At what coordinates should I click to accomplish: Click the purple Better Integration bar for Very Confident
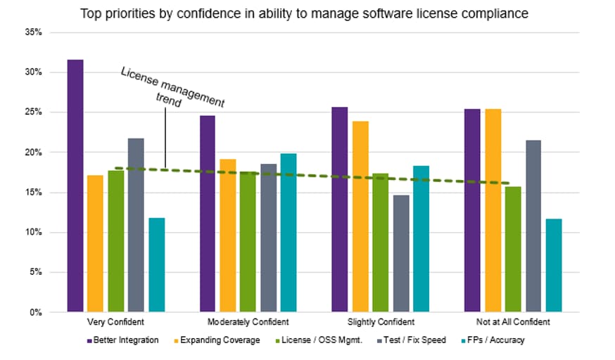point(75,186)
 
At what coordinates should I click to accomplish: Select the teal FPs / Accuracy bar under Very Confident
point(157,265)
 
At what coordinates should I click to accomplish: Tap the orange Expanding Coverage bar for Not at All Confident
point(493,210)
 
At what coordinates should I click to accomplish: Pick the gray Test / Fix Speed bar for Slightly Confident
point(401,253)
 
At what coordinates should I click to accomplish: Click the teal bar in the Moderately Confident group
point(289,233)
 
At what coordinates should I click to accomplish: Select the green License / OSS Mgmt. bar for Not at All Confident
point(513,249)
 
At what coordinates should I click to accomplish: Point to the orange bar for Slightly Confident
point(360,217)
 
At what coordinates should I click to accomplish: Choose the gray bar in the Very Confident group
point(136,225)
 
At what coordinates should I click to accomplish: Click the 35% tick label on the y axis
point(34,32)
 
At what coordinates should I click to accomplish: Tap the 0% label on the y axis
point(36,312)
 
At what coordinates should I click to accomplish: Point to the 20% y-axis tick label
point(34,153)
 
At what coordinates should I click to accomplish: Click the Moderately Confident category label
point(248,322)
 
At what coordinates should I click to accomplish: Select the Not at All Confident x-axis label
point(513,322)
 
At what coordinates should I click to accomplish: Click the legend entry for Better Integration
point(122,340)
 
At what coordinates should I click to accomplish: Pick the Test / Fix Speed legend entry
point(412,340)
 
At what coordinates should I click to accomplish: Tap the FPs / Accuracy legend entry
point(493,340)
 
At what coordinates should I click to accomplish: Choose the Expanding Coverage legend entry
point(217,340)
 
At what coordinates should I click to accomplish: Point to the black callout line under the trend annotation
point(165,139)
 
